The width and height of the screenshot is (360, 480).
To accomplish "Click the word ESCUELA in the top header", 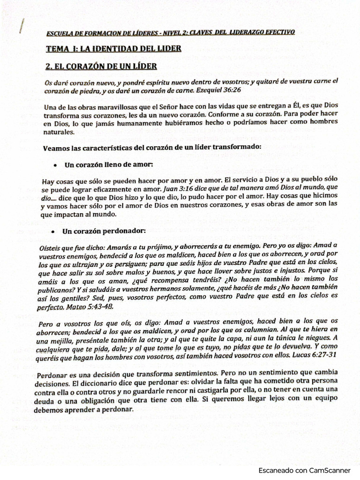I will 60,34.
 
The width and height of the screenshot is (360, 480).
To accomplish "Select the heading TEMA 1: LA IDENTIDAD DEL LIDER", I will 113,48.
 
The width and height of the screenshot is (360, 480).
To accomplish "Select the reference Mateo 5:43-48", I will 90,307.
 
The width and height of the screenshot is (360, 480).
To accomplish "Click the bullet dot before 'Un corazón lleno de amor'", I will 55,165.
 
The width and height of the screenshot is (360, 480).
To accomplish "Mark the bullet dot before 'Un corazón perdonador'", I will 55,232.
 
